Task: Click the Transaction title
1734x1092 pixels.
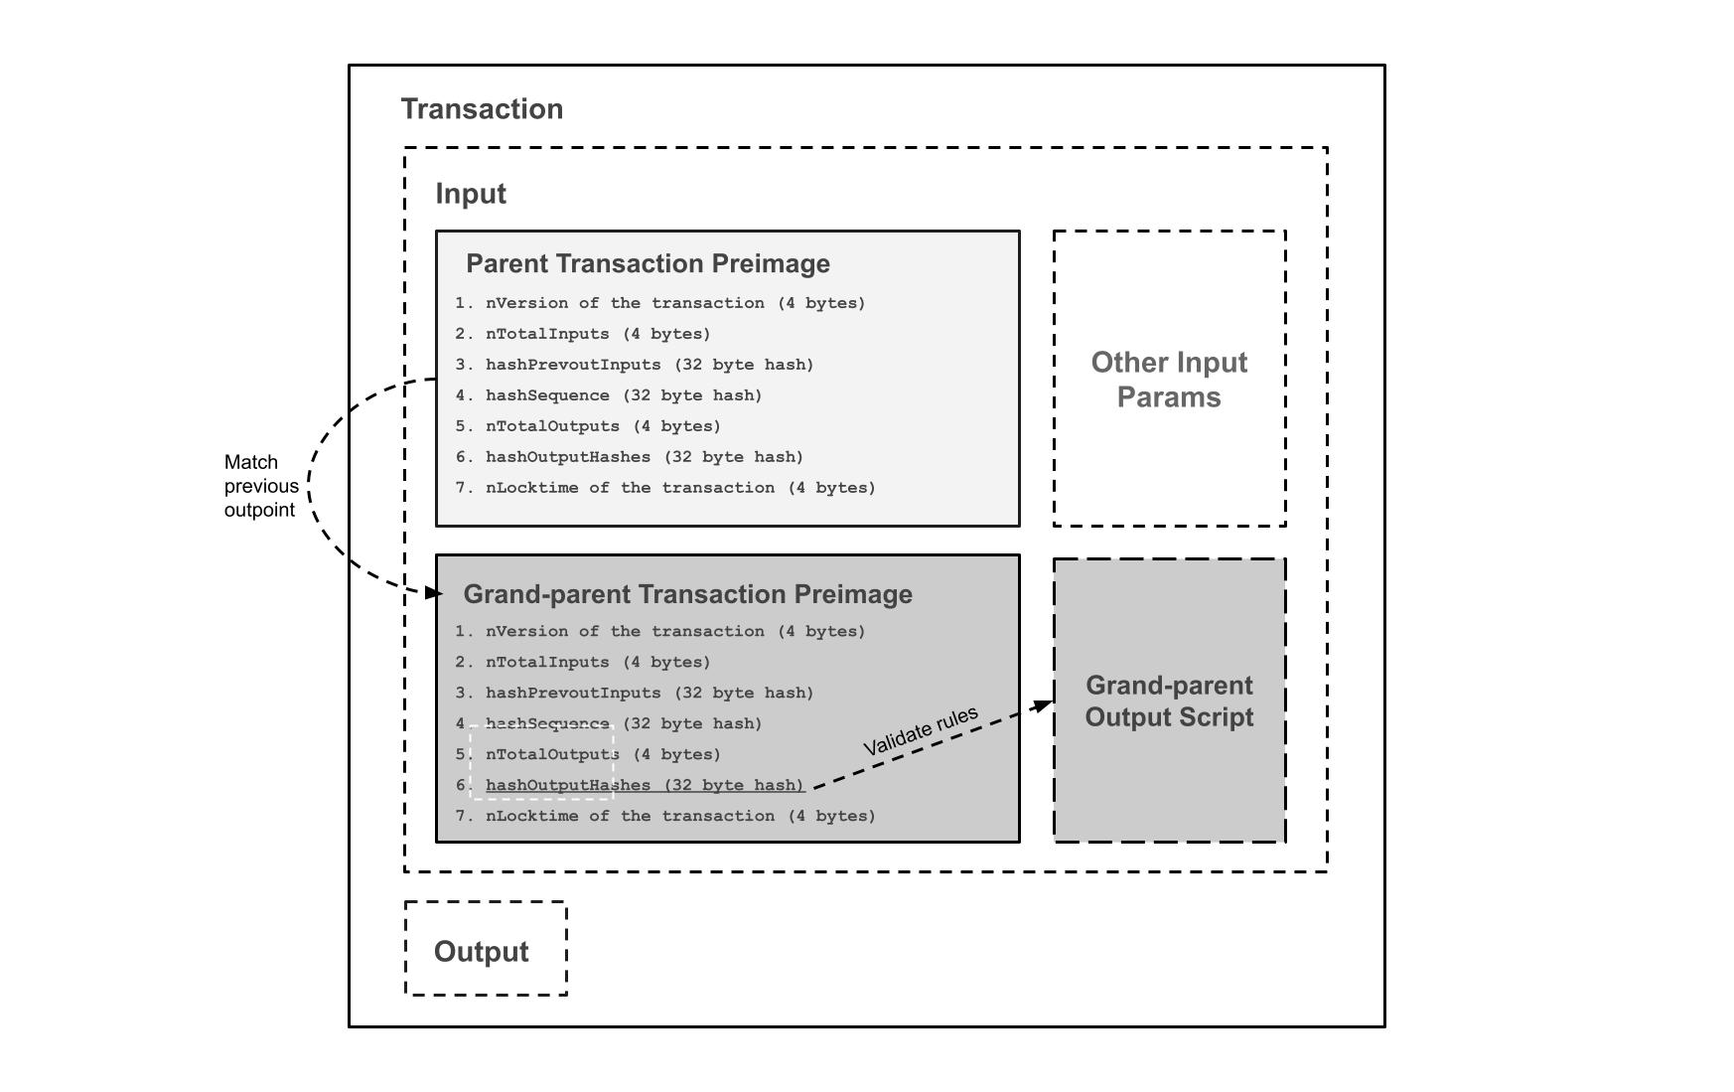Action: [x=482, y=109]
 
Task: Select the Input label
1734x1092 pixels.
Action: [x=471, y=194]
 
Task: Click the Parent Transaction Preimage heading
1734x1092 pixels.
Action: [x=648, y=263]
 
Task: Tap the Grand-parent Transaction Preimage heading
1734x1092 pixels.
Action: [x=687, y=594]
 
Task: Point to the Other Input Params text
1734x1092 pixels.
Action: [x=1169, y=380]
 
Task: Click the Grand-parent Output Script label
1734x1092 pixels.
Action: [x=1169, y=702]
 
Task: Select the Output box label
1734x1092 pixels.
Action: [x=482, y=952]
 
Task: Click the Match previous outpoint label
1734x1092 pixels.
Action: [x=260, y=486]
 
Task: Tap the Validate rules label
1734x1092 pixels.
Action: [x=921, y=731]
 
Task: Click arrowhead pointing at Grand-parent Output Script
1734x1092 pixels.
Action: [x=1043, y=705]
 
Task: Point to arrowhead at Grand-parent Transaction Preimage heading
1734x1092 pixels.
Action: [x=433, y=593]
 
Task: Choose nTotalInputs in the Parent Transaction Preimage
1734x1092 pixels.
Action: [x=597, y=334]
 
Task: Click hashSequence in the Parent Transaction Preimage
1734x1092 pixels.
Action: [x=623, y=395]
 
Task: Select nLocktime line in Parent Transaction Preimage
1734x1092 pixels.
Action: [x=679, y=488]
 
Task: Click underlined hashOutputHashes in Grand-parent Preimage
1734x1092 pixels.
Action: [x=644, y=785]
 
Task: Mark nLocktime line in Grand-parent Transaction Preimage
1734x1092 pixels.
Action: [x=679, y=816]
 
